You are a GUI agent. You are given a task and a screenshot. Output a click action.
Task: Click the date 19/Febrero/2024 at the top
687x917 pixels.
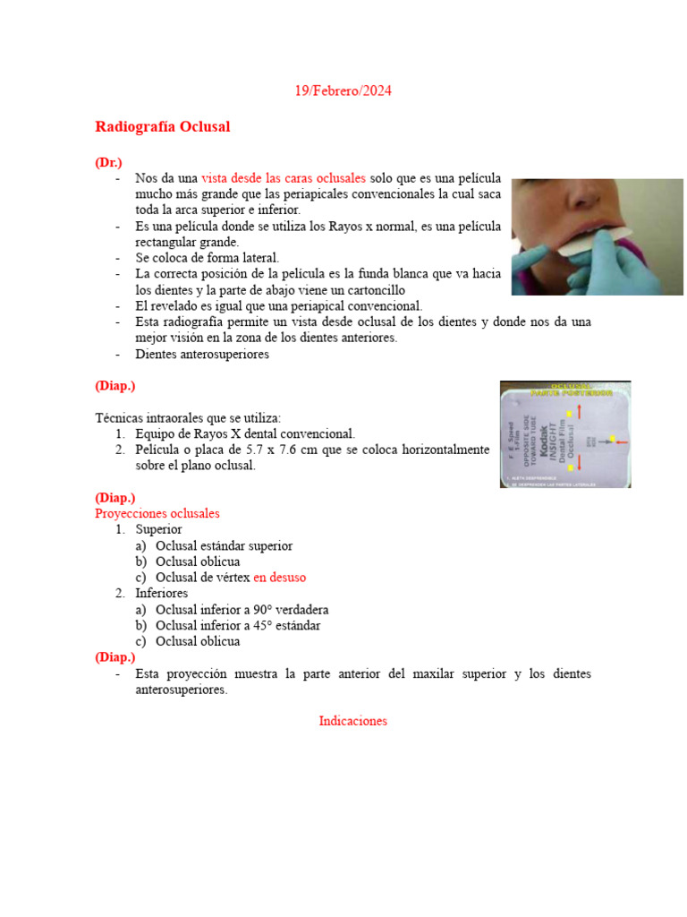[x=343, y=91]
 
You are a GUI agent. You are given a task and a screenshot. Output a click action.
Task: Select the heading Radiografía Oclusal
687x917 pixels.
[x=162, y=127]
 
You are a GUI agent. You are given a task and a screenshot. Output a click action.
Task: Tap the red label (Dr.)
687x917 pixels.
[x=108, y=162]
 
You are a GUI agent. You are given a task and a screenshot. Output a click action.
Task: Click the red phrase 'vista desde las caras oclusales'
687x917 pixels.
[x=284, y=178]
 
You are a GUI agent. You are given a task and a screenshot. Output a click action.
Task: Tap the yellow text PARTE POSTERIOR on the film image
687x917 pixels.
[x=565, y=392]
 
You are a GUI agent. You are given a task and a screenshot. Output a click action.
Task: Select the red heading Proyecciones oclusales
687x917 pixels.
[x=157, y=514]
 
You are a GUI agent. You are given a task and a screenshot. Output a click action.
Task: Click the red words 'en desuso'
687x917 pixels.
[x=279, y=578]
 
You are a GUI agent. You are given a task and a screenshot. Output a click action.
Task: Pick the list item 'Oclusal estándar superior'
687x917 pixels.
[x=224, y=545]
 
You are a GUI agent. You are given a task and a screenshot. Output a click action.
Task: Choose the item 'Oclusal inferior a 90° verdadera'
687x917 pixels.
[x=242, y=610]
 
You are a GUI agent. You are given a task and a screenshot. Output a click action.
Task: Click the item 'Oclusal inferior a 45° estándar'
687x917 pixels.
[x=238, y=626]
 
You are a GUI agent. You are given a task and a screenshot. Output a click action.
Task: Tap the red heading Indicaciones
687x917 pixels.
[x=352, y=721]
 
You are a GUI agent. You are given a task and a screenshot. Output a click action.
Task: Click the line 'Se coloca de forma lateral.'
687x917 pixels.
[x=208, y=258]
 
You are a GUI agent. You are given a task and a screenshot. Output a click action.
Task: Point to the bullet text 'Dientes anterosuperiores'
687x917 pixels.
[x=202, y=355]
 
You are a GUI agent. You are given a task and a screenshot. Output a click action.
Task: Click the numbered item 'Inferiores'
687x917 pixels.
[x=163, y=594]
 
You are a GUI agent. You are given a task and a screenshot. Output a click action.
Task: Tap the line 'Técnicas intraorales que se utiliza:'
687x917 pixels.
[x=188, y=418]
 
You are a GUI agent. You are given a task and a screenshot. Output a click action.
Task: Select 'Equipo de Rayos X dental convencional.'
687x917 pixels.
[x=245, y=433]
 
